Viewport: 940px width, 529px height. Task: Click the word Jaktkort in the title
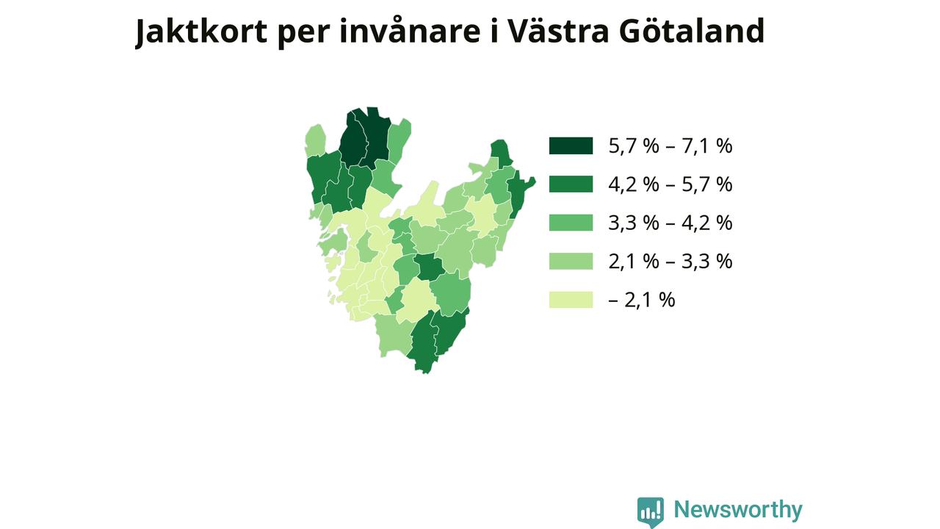201,32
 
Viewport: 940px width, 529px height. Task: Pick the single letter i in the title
494,31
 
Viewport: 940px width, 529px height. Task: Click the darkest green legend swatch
571,145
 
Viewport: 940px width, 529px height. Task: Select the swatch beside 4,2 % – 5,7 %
571,184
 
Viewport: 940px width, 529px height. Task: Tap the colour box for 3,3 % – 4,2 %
571,223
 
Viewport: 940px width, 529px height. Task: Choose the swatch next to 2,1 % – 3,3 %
571,261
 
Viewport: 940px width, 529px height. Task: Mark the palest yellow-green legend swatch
571,300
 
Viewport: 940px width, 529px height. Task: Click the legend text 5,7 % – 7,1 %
670,146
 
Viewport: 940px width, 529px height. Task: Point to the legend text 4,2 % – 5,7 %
670,184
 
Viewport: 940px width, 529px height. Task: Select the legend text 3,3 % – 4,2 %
670,223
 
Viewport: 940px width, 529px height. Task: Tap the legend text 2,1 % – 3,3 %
670,262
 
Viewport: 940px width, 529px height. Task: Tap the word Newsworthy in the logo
738,510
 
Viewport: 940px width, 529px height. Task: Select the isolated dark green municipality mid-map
430,267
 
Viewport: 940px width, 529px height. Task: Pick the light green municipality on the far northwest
316,140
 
